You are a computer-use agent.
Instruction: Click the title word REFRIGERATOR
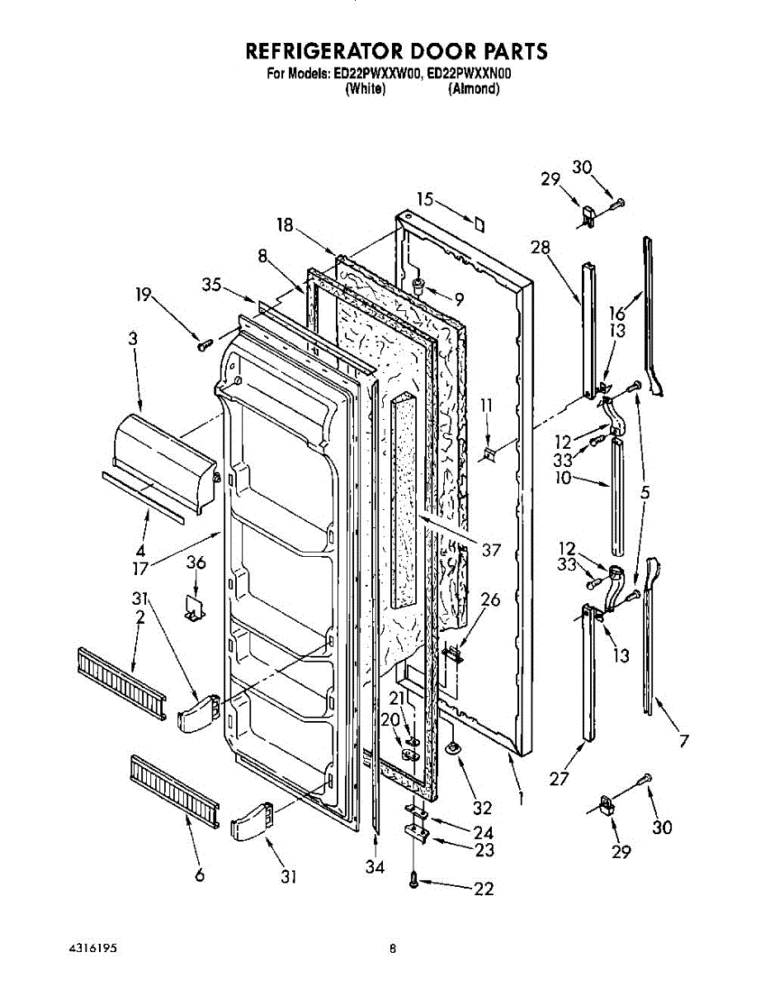(x=330, y=51)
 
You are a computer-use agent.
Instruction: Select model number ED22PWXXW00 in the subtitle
(x=378, y=73)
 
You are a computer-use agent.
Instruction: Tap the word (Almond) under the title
(x=474, y=88)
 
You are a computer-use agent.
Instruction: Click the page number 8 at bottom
(x=393, y=950)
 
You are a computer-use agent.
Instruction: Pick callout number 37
(x=490, y=549)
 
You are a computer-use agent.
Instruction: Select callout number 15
(x=425, y=199)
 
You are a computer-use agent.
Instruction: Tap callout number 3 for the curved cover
(x=132, y=338)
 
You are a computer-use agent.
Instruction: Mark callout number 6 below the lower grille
(x=199, y=876)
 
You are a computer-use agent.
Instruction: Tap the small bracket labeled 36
(x=195, y=609)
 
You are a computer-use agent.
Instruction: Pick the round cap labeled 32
(x=453, y=749)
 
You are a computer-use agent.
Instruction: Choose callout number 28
(x=541, y=247)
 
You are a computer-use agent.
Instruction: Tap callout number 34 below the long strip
(x=376, y=866)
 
